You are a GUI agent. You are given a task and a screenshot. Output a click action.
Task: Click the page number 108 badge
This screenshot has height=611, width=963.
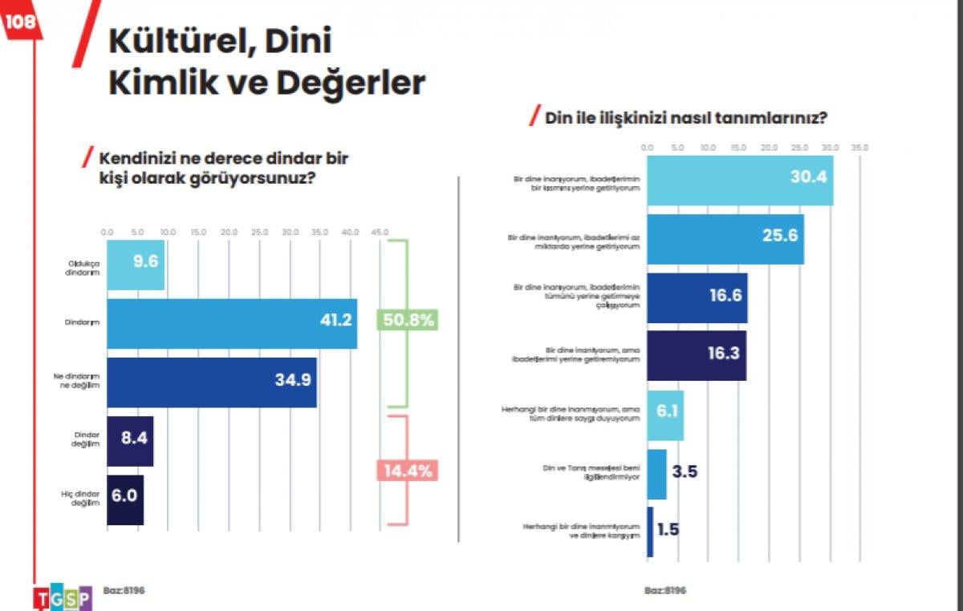click(20, 22)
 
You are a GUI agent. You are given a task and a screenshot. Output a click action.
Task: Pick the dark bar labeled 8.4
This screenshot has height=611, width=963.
click(129, 441)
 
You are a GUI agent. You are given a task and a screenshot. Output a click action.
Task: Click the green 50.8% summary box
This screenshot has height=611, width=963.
click(406, 320)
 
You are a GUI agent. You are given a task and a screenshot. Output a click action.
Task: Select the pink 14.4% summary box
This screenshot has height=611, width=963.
click(406, 471)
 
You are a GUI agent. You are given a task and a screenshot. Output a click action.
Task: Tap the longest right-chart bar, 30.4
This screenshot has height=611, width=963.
click(739, 180)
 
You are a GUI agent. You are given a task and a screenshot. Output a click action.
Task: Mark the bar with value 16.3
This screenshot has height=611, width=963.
click(696, 355)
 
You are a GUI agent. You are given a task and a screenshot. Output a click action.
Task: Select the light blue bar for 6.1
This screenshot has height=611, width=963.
click(665, 415)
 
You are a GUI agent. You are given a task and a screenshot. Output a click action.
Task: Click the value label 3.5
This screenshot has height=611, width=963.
click(684, 471)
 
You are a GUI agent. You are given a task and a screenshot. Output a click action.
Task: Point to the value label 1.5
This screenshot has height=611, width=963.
click(668, 529)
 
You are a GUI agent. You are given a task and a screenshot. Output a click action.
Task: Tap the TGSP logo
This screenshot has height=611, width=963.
click(63, 597)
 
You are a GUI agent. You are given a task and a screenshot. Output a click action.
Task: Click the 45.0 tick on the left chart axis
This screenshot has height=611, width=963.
click(380, 232)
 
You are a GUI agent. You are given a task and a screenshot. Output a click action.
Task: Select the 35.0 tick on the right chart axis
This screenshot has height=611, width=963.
click(859, 148)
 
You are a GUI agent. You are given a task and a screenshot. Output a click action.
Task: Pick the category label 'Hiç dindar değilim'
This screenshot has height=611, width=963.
click(82, 499)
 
